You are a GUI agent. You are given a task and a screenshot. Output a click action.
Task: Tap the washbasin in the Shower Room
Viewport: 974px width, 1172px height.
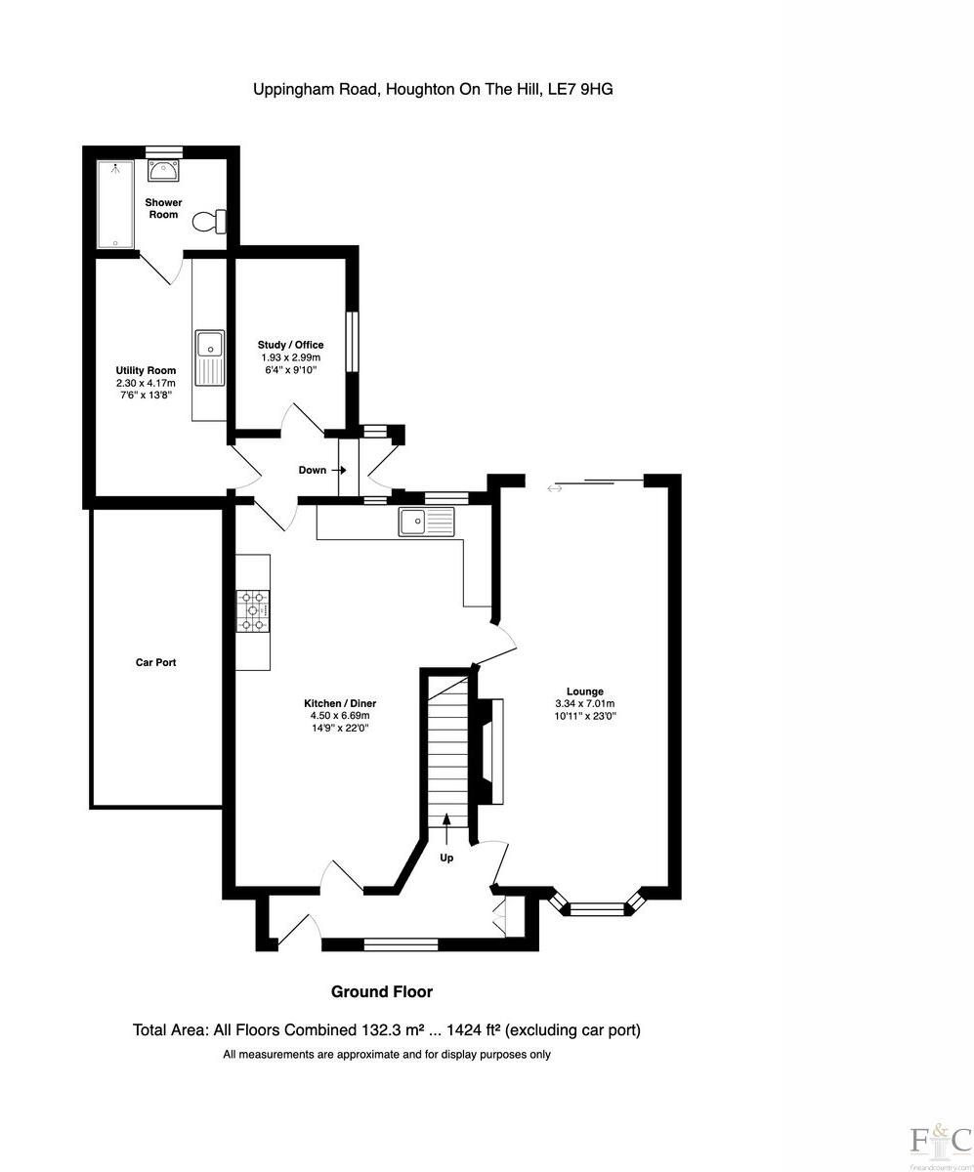point(162,172)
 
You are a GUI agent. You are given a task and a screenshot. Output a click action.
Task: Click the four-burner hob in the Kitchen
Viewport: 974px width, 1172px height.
point(253,611)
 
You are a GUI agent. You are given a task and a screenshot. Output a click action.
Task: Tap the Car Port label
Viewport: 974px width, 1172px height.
point(155,662)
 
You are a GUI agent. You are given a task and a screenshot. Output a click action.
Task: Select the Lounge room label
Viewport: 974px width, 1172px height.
point(584,691)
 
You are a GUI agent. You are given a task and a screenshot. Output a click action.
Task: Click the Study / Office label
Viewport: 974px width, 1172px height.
point(290,345)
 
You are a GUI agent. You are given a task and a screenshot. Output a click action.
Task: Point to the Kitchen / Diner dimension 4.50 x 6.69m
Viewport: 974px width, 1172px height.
point(339,716)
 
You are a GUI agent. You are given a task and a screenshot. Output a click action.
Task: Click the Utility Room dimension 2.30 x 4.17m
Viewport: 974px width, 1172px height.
point(146,383)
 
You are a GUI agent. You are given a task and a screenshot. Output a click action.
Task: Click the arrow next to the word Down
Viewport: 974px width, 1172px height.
point(339,470)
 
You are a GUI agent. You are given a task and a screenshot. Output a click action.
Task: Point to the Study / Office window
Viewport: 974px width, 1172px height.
point(354,342)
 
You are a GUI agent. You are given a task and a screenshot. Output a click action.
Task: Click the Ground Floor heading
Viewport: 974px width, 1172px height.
point(381,992)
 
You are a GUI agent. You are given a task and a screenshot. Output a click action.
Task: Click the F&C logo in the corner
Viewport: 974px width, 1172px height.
point(940,1142)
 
